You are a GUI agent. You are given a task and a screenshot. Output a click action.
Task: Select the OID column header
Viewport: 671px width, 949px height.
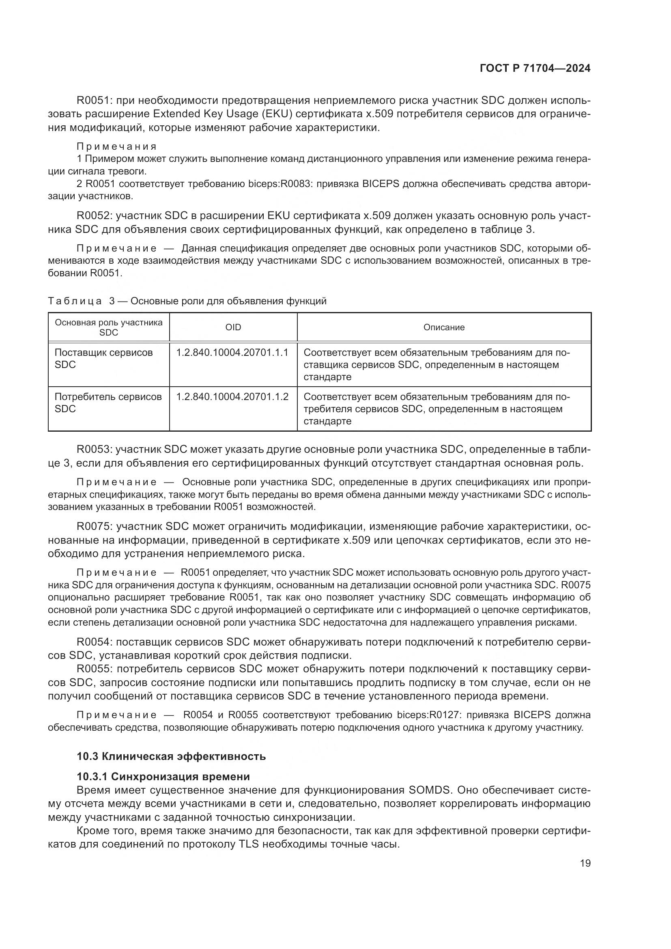coord(233,327)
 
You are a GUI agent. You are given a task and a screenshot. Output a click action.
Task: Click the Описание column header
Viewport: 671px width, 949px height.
coord(444,327)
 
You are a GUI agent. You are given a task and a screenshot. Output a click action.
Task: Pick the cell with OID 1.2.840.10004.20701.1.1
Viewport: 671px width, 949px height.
coord(232,353)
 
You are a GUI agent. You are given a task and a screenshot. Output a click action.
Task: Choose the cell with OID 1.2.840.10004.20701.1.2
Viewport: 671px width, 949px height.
coord(232,397)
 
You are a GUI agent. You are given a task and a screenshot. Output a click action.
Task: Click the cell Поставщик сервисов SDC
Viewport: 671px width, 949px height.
coord(104,358)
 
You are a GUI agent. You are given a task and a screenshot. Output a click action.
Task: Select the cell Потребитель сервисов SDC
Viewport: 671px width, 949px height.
coord(108,402)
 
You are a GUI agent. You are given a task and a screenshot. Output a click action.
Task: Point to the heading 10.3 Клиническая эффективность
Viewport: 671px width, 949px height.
coord(171,756)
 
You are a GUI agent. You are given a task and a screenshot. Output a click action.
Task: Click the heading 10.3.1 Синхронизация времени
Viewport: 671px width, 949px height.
coord(163,776)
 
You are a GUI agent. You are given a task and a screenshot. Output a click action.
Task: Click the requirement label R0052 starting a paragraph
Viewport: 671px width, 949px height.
coord(94,216)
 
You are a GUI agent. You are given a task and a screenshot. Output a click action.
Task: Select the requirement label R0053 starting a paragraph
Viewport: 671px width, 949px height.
coord(94,449)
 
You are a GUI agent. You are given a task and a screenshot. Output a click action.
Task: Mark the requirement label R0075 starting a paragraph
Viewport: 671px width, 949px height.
coord(94,526)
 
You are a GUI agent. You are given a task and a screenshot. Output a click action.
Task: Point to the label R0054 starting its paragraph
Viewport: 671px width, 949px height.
coord(94,642)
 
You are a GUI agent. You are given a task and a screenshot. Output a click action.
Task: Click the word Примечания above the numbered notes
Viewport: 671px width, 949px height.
coord(117,146)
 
